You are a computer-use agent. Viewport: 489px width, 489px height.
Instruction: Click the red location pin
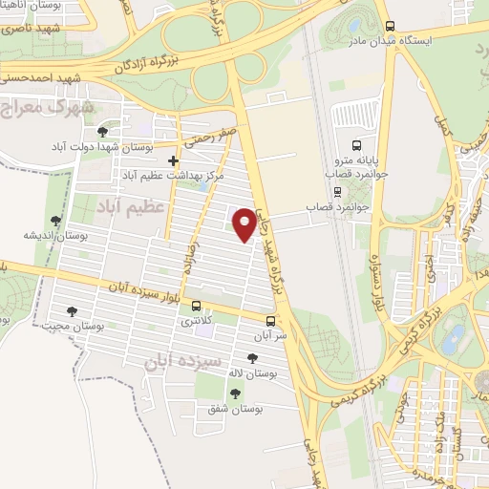point(246,223)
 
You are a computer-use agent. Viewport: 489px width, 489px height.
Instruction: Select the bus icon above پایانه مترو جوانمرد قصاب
point(356,146)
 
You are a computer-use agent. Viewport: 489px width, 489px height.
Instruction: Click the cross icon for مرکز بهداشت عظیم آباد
point(173,160)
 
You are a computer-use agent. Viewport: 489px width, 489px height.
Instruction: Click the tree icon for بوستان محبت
point(72,310)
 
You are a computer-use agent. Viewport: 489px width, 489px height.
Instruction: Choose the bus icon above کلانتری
point(197,307)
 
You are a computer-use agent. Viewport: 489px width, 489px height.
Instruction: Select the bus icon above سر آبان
point(271,321)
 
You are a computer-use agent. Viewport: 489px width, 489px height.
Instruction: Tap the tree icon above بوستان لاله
point(251,359)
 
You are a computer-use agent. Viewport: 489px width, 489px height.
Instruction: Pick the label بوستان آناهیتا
point(34,7)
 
